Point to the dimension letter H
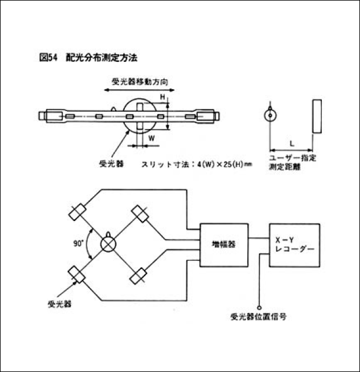click(162, 97)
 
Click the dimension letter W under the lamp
click(151, 138)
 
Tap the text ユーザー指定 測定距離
click(292, 163)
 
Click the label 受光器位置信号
click(258, 316)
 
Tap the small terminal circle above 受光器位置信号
click(260, 307)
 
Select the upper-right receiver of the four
click(139, 215)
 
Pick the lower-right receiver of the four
click(138, 276)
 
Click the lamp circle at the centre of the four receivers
click(108, 244)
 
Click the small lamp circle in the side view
click(269, 115)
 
